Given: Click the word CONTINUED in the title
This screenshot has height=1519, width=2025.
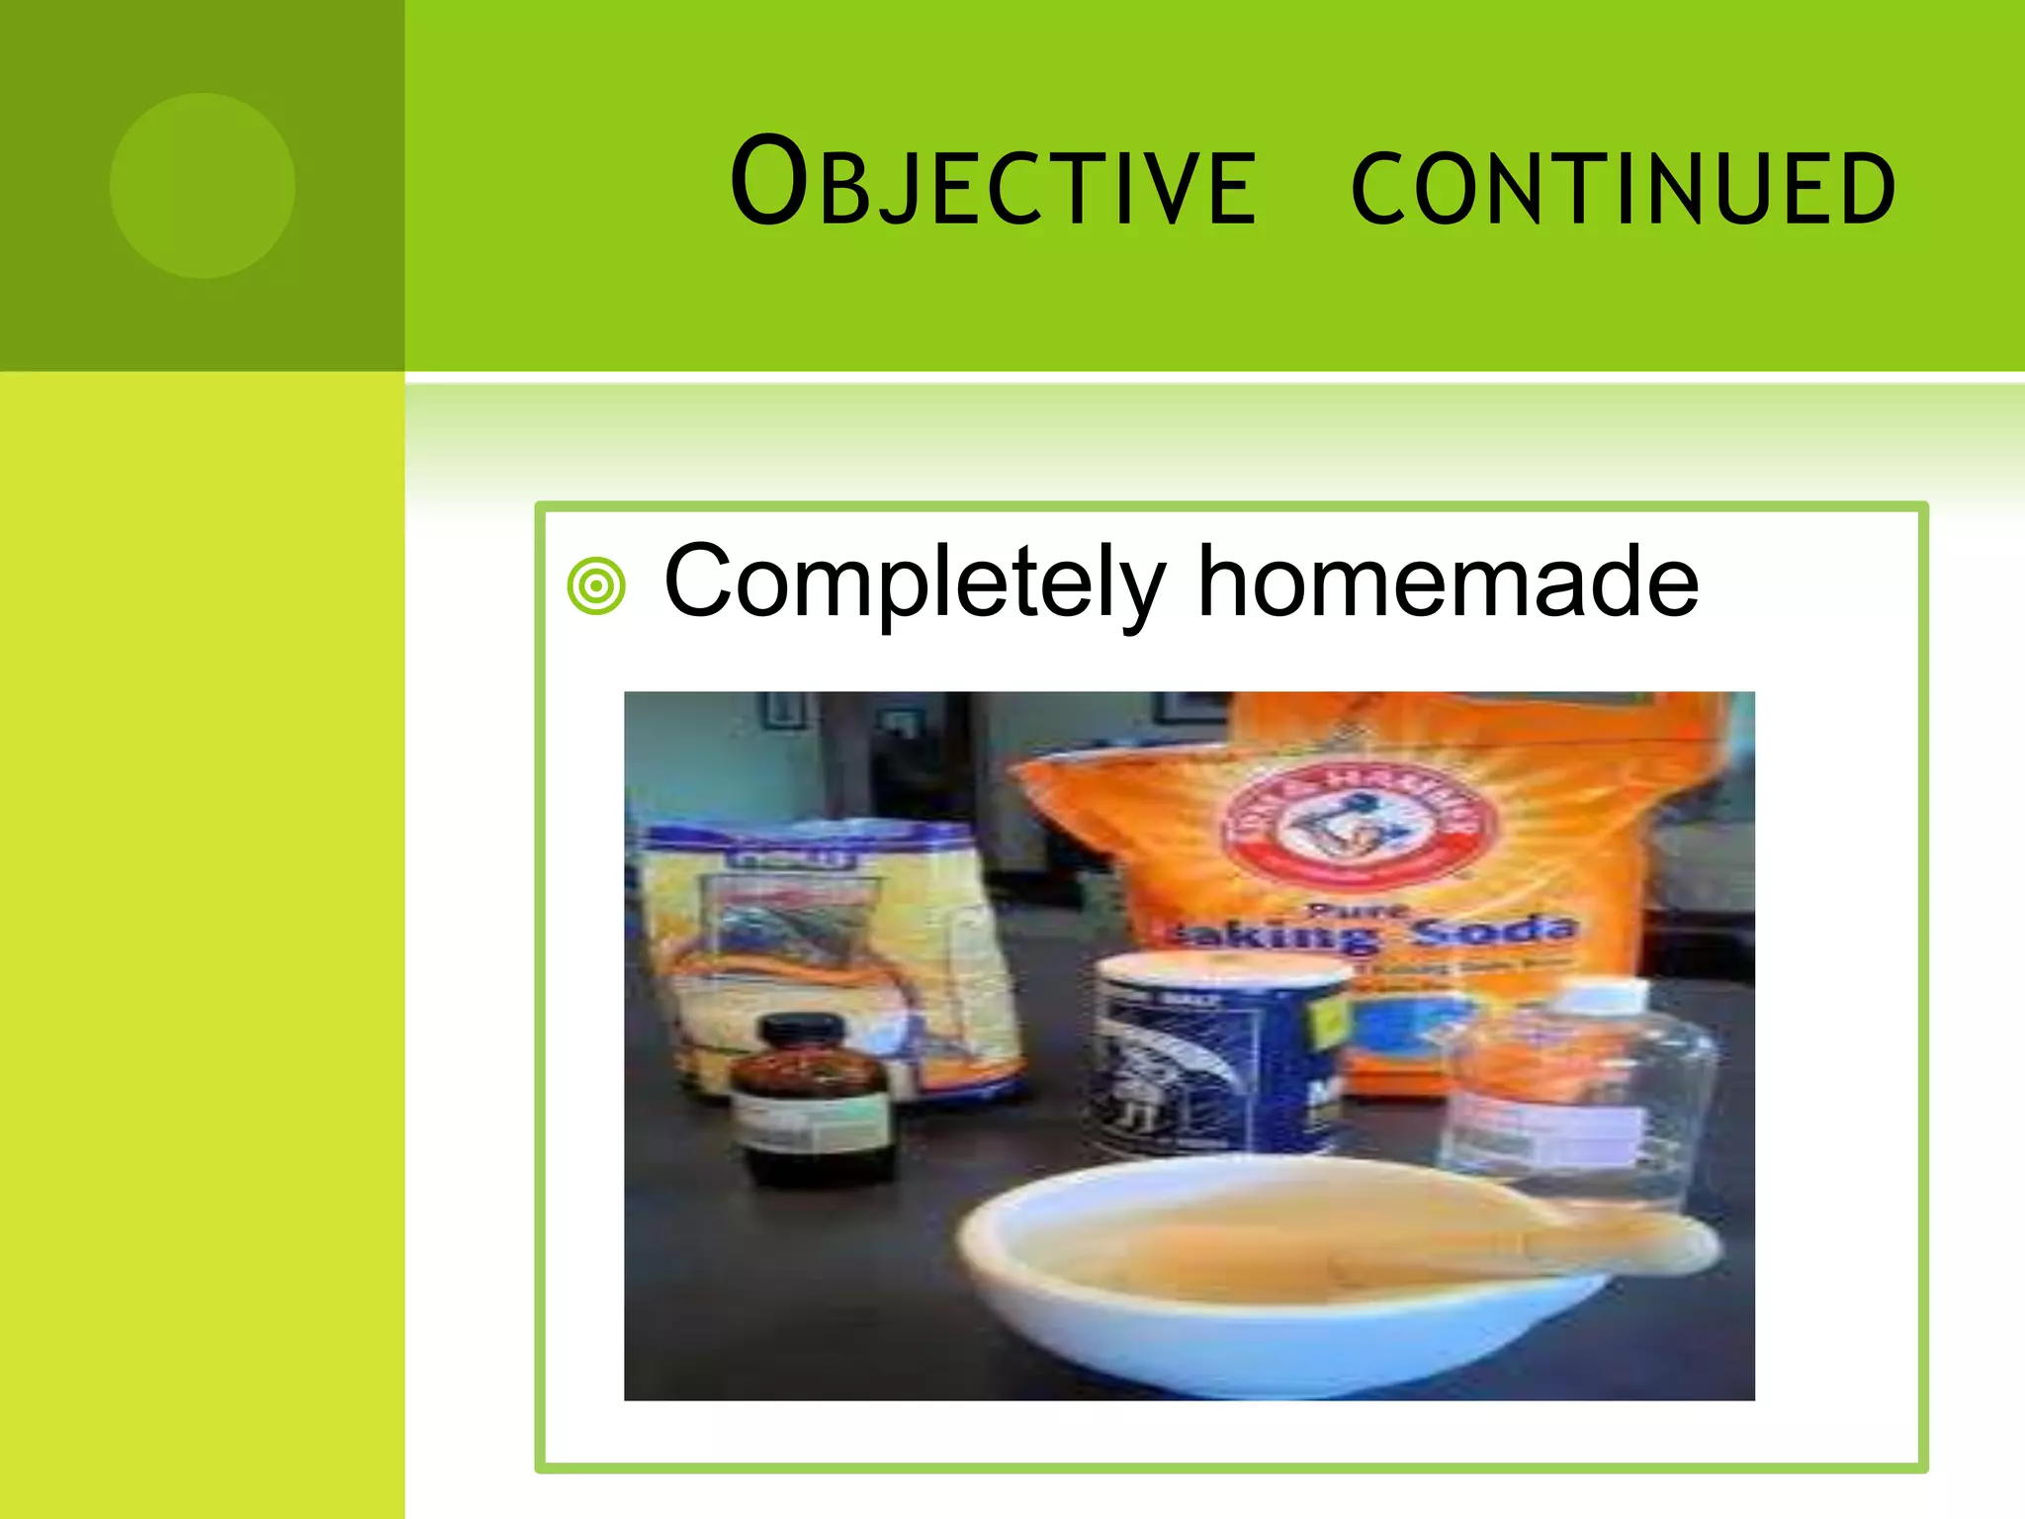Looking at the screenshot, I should [1623, 188].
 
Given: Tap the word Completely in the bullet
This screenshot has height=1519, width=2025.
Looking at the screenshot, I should [915, 583].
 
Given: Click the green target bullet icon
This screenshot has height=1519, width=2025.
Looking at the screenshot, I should [596, 586].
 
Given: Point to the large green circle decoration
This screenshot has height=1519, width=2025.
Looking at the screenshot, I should [203, 185].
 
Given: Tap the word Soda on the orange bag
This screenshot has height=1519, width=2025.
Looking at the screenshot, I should [1493, 930].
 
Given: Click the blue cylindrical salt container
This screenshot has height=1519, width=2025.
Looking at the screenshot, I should [1216, 1058].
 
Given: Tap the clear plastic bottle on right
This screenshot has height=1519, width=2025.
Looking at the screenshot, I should [1582, 1098].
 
